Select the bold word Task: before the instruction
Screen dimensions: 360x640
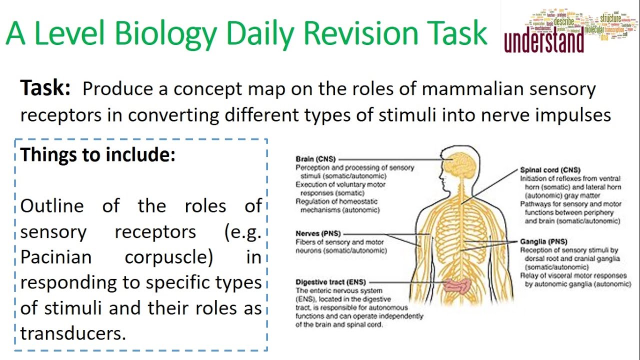(45, 89)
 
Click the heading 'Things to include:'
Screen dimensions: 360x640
(98, 155)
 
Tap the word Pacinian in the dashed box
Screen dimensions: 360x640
(56, 257)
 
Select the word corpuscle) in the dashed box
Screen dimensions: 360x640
(169, 257)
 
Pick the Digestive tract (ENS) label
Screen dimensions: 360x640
(331, 282)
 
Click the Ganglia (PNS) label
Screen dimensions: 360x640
(544, 241)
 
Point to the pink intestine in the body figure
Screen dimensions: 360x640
(456, 286)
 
